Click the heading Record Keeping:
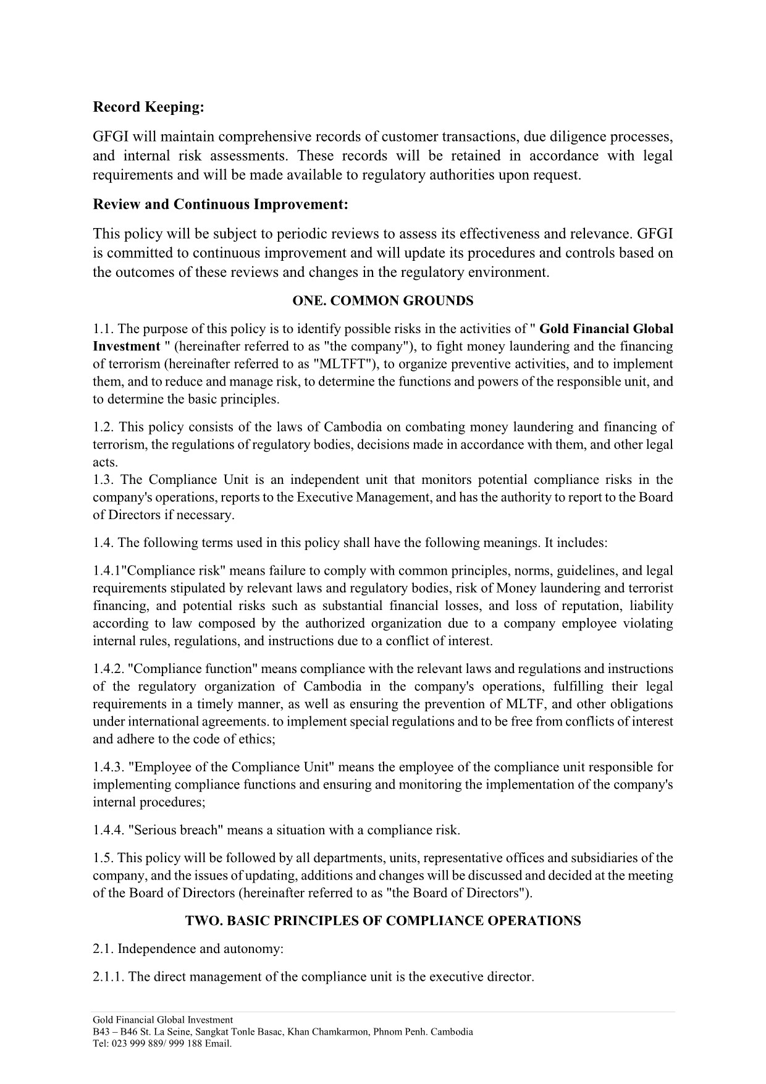(148, 108)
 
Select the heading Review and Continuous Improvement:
(221, 205)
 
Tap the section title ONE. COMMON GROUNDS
(382, 301)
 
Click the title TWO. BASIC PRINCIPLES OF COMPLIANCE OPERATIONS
(382, 921)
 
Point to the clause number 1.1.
(103, 329)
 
